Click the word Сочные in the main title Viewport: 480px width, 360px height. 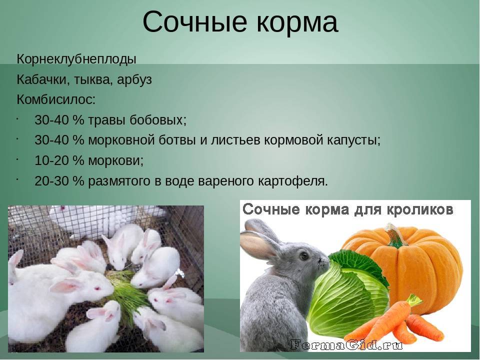tap(194, 22)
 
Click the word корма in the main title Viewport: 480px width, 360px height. tap(297, 22)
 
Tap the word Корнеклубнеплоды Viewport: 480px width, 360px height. tap(76, 59)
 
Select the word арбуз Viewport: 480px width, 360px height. tap(134, 79)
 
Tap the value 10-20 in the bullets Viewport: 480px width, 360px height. tap(51, 160)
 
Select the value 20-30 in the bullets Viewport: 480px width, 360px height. tap(51, 181)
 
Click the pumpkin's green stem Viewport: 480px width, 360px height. tap(394, 234)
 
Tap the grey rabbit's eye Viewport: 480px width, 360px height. tap(303, 255)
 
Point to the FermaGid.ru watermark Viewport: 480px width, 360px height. tap(346, 345)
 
